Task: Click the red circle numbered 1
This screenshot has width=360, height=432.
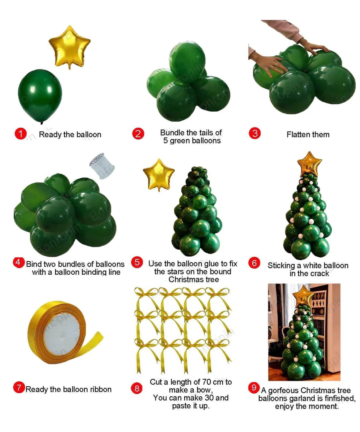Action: click(x=20, y=134)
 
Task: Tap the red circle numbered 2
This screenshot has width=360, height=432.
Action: click(x=138, y=134)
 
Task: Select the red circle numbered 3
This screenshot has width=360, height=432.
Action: click(x=255, y=134)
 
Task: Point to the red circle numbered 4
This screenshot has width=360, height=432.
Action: click(x=18, y=262)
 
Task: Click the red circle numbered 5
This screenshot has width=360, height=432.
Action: click(x=137, y=262)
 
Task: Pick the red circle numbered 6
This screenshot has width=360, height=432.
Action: click(x=254, y=263)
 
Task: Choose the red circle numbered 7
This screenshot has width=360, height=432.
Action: click(x=19, y=388)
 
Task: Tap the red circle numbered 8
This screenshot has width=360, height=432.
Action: click(x=137, y=389)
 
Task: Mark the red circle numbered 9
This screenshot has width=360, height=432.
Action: click(x=254, y=387)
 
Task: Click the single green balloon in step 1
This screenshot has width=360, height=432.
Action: click(x=40, y=96)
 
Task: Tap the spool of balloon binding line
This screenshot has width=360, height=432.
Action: click(x=102, y=166)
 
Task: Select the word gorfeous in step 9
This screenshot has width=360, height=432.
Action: click(x=283, y=391)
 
